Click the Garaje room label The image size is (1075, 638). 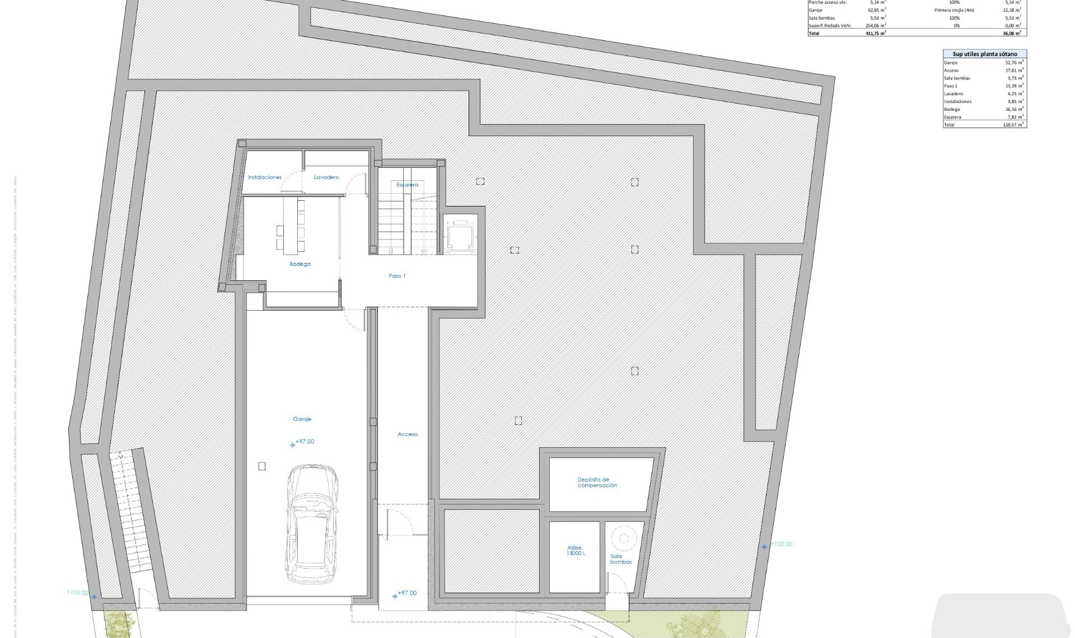click(x=302, y=419)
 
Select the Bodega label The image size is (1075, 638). click(x=300, y=264)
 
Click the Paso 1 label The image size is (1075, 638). click(x=397, y=275)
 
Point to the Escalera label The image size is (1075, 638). click(x=407, y=184)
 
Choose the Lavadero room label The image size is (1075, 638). click(x=326, y=177)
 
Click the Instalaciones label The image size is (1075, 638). click(x=265, y=177)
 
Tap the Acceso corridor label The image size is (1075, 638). click(x=408, y=434)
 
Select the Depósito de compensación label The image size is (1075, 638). click(x=597, y=482)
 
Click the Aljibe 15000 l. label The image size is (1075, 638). click(x=574, y=550)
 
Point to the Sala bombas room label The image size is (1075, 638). click(x=620, y=559)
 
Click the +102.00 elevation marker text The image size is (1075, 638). click(x=782, y=544)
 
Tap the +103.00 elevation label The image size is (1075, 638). click(x=77, y=592)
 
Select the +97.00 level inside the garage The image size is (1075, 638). click(x=305, y=442)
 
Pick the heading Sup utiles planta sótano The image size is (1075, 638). click(x=985, y=54)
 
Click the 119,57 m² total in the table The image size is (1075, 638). click(x=1013, y=125)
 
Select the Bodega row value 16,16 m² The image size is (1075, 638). click(x=1014, y=109)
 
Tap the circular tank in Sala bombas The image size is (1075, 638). click(x=623, y=538)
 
